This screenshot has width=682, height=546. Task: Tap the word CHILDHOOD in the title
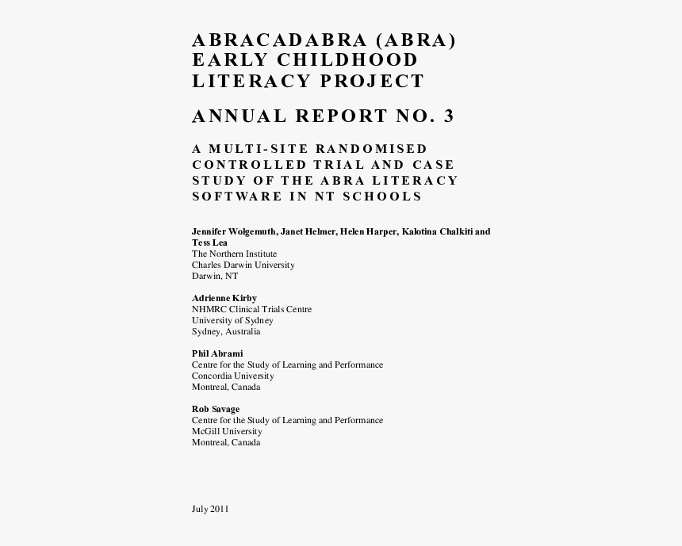pyautogui.click(x=347, y=60)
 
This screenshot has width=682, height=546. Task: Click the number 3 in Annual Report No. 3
pyautogui.click(x=450, y=116)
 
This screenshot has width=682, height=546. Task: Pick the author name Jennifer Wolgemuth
pyautogui.click(x=233, y=231)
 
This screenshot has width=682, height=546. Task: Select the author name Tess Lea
pyautogui.click(x=209, y=242)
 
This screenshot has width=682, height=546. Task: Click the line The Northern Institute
pyautogui.click(x=234, y=254)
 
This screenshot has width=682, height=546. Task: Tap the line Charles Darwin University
pyautogui.click(x=243, y=265)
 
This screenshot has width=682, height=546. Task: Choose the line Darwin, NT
pyautogui.click(x=214, y=276)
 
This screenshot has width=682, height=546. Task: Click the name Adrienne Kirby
pyautogui.click(x=224, y=298)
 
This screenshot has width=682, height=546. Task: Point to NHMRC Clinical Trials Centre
pyautogui.click(x=251, y=309)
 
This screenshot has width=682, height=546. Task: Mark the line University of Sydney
pyautogui.click(x=232, y=320)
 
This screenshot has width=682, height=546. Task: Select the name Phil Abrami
pyautogui.click(x=217, y=353)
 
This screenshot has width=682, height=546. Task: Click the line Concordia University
pyautogui.click(x=232, y=376)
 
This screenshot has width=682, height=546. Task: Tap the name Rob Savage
pyautogui.click(x=216, y=409)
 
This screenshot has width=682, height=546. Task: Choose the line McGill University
pyautogui.click(x=227, y=431)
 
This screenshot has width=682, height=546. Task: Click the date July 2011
pyautogui.click(x=210, y=509)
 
